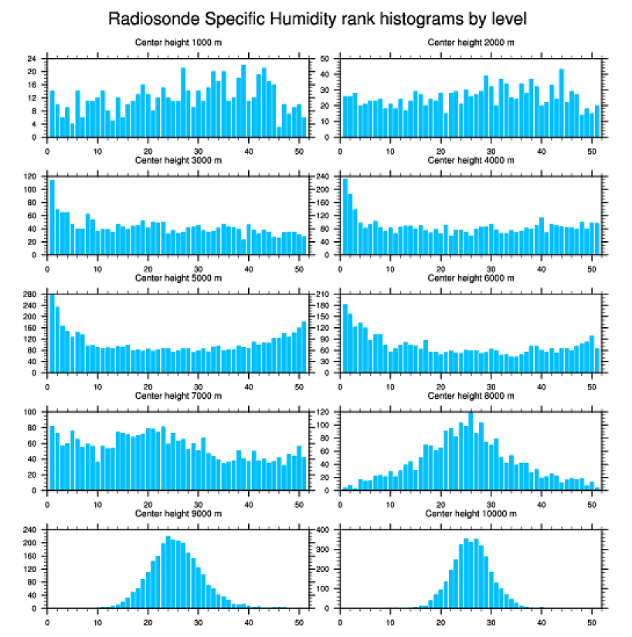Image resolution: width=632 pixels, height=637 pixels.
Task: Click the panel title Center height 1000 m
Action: click(x=178, y=42)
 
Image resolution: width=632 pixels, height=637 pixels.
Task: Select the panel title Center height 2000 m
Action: click(x=471, y=42)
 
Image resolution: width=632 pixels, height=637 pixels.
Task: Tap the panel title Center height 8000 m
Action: click(x=471, y=396)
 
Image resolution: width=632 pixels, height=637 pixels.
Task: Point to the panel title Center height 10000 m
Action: click(x=471, y=513)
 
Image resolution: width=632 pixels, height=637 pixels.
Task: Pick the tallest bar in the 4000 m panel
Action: click(x=345, y=216)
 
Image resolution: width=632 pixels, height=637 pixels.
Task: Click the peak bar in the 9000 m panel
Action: click(x=168, y=572)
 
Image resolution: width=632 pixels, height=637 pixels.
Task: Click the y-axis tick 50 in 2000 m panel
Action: click(x=325, y=59)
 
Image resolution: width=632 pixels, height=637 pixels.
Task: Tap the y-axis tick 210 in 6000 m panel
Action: click(x=323, y=295)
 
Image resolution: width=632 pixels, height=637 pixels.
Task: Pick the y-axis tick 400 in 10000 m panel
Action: click(x=323, y=530)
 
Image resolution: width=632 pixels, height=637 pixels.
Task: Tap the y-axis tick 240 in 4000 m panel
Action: click(x=323, y=177)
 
